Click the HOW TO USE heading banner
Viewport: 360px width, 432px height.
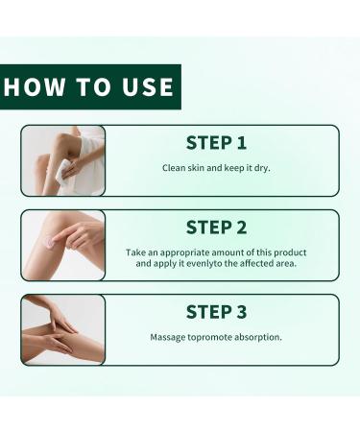point(88,87)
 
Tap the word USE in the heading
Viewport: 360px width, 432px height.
point(146,87)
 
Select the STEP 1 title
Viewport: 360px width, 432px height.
point(216,142)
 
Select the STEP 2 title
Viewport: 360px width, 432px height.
point(216,227)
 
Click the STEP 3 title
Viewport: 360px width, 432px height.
point(216,312)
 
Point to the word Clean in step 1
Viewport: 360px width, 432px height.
point(175,168)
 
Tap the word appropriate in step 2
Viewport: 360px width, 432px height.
point(188,252)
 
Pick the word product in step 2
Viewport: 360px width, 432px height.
point(287,252)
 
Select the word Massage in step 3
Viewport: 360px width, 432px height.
point(169,337)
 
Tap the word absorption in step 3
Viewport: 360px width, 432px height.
point(258,337)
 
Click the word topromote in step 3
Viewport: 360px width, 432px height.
point(212,337)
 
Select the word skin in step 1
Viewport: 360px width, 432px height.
point(201,168)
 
